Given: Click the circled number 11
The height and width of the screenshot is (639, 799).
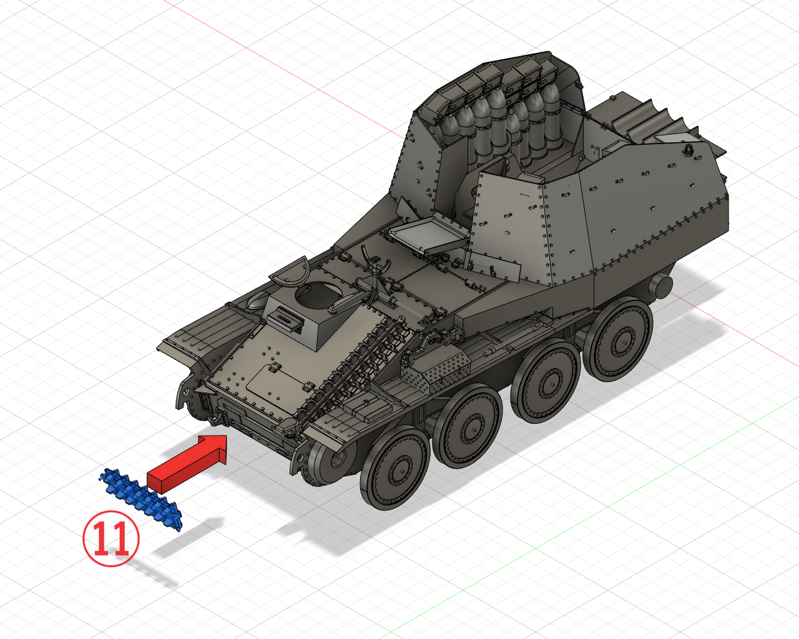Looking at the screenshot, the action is pyautogui.click(x=111, y=539).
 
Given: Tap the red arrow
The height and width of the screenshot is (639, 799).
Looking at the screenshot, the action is pyautogui.click(x=187, y=464).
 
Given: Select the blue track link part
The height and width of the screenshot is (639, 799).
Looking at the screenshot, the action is pyautogui.click(x=140, y=499).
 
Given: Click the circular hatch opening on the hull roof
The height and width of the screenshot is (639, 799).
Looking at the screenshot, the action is pyautogui.click(x=318, y=295).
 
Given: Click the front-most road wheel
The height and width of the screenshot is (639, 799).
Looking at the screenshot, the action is pyautogui.click(x=395, y=468).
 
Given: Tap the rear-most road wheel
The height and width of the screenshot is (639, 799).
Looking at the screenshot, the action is pyautogui.click(x=619, y=340).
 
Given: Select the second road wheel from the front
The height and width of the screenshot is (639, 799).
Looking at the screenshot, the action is pyautogui.click(x=469, y=426).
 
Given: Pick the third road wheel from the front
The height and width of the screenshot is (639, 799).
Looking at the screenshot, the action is pyautogui.click(x=545, y=382).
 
